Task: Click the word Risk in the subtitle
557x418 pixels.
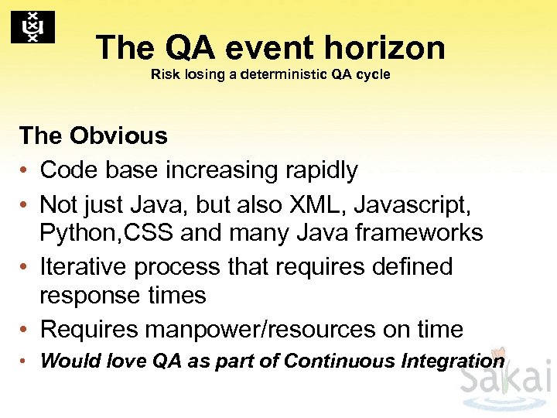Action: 165,75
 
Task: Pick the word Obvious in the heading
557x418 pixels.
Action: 118,135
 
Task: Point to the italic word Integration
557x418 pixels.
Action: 455,361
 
